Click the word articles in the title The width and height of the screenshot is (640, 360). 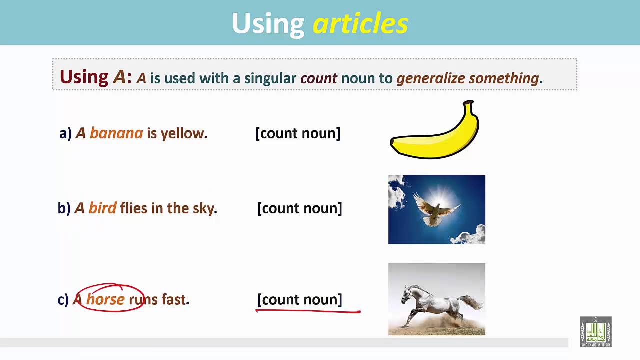360,24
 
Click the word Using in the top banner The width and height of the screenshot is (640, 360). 268,24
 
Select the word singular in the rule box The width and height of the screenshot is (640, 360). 270,78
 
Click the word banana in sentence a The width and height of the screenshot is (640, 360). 116,133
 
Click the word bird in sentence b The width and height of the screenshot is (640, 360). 102,208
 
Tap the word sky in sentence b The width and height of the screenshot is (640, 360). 203,208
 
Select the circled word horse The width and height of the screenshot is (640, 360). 105,299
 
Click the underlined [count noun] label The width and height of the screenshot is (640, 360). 299,299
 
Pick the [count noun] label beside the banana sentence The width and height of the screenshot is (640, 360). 298,133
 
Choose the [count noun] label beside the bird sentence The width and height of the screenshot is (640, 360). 299,208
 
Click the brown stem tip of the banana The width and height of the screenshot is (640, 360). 468,103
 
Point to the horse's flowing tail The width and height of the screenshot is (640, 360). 470,301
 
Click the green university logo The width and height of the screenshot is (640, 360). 595,332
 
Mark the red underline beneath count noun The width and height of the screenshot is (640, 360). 308,311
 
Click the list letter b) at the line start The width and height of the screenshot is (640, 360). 64,208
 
